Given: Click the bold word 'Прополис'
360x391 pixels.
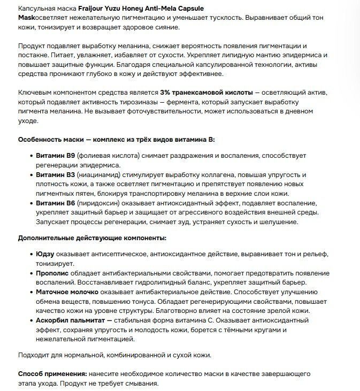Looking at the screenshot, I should [53, 273].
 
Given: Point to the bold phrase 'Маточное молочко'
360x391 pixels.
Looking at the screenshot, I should [67, 292].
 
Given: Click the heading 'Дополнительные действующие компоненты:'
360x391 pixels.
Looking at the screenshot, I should [92, 237].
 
